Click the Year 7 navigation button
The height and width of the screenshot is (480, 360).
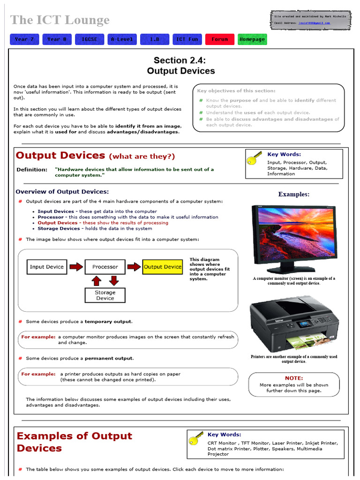coord(24,39)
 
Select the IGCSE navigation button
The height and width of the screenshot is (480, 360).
coord(89,39)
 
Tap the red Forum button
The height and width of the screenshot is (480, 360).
coord(219,39)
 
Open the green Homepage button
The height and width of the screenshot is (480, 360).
coord(252,39)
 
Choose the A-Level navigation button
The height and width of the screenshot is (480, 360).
coord(122,39)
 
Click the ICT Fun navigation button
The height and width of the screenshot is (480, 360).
coord(187,39)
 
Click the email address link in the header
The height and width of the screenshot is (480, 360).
coord(318,22)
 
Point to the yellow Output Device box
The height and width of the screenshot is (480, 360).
coord(163,267)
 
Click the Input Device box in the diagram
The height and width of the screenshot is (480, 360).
coord(46,267)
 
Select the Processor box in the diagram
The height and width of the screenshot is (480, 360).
coord(105,267)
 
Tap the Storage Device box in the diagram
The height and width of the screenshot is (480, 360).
coord(105,295)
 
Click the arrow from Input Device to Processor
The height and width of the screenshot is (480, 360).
coord(75,267)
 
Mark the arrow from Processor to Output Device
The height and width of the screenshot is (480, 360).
coord(134,267)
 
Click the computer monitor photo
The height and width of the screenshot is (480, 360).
coord(294,239)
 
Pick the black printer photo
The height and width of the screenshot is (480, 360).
coord(294,324)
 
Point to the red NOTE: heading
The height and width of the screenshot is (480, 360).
coord(294,378)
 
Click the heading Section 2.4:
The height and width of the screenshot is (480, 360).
coord(180,60)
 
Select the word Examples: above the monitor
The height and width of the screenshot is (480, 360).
coord(293,194)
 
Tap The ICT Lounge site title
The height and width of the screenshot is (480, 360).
coord(60,20)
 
